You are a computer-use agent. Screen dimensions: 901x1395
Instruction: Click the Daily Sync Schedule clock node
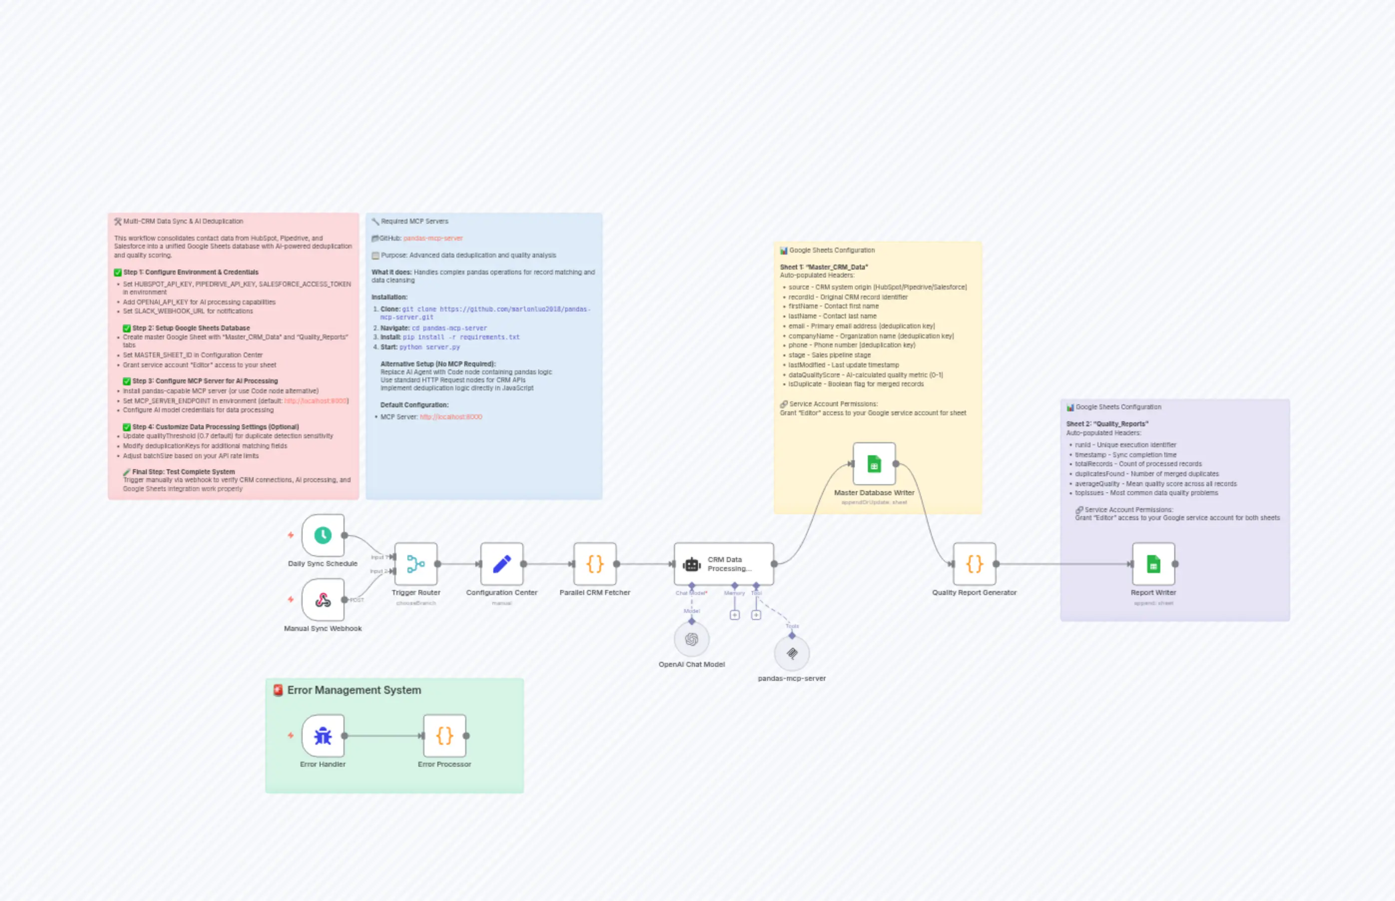(323, 535)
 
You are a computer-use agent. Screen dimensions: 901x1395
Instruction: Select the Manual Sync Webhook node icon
(323, 600)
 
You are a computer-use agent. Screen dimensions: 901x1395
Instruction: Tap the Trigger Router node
(415, 564)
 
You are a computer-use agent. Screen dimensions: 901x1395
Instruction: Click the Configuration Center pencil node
(501, 564)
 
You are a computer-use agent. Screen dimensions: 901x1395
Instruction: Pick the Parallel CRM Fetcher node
(595, 564)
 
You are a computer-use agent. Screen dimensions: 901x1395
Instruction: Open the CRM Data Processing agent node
(723, 564)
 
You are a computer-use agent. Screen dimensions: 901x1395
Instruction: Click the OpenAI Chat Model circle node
(691, 639)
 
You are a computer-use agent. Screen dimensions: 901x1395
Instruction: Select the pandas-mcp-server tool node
(791, 653)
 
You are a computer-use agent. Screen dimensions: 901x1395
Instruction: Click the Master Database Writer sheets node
(874, 463)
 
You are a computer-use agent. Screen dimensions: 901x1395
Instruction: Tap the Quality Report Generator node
(974, 564)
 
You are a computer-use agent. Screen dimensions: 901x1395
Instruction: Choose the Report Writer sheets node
(1153, 564)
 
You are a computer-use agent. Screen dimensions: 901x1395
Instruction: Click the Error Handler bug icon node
(323, 735)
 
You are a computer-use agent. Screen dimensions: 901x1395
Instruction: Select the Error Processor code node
(444, 735)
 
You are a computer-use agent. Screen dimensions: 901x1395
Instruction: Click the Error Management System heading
(353, 690)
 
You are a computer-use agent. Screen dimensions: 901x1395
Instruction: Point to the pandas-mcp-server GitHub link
(432, 238)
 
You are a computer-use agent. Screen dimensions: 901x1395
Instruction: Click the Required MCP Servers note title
(414, 221)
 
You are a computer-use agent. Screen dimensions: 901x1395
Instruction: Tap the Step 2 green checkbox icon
(126, 328)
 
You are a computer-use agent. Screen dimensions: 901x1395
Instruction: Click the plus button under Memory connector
(734, 615)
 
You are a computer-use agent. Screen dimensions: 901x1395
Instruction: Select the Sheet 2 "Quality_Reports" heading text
(1106, 424)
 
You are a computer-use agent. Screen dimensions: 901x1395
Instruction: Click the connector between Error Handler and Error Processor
(383, 735)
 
